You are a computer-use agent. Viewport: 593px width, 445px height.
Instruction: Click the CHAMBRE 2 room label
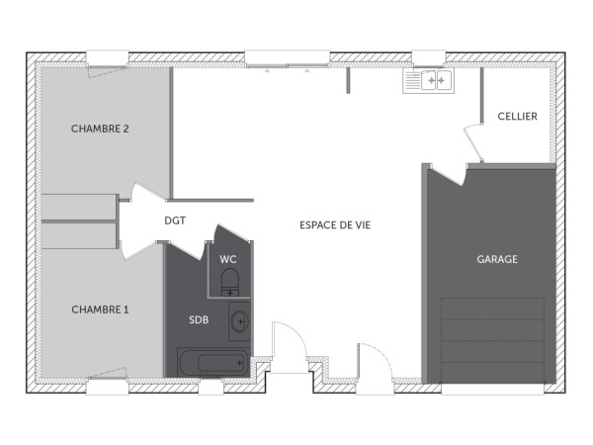[100, 130]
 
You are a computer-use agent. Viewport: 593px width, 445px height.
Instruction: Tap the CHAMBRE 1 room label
[100, 310]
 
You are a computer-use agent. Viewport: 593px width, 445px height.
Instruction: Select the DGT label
[175, 222]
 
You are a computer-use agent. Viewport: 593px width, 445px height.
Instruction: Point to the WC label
[228, 259]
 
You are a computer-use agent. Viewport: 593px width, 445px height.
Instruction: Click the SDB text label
[199, 319]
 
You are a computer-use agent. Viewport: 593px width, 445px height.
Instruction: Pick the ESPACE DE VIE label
[334, 224]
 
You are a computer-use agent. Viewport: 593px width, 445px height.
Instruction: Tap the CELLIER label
[518, 117]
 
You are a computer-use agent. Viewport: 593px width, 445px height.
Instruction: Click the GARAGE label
[497, 259]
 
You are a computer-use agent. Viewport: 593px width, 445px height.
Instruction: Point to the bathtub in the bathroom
[213, 362]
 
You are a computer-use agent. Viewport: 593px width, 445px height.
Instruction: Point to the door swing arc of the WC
[223, 233]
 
